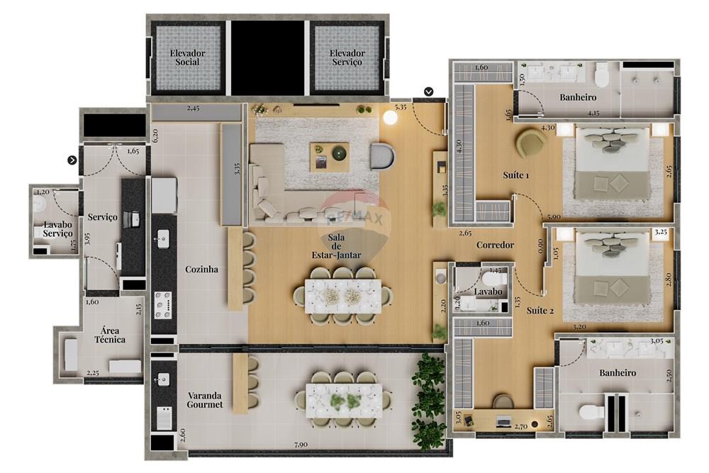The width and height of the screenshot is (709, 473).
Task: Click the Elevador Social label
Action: (x=188, y=57)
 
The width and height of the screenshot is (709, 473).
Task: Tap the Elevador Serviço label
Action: (x=347, y=57)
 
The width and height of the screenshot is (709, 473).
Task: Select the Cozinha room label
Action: (x=201, y=269)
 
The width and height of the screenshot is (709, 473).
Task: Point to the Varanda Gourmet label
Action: (x=205, y=400)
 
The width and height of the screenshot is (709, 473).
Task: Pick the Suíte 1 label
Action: (x=516, y=175)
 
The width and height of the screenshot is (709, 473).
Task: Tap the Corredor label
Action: (x=495, y=245)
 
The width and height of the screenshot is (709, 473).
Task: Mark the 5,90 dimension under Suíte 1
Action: (x=553, y=217)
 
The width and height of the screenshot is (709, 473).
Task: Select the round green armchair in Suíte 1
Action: (x=530, y=143)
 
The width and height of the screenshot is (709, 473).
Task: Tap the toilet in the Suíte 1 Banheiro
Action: (x=603, y=74)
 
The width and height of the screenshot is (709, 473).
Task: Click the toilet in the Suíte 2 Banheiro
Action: (x=591, y=412)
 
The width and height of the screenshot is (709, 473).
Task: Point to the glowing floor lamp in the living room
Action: (x=390, y=118)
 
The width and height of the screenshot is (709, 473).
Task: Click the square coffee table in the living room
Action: (x=330, y=157)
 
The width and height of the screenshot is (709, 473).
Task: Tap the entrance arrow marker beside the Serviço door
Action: (x=72, y=160)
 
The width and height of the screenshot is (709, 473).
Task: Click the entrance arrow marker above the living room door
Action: (x=429, y=91)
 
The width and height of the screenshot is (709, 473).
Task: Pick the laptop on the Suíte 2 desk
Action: (x=503, y=422)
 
